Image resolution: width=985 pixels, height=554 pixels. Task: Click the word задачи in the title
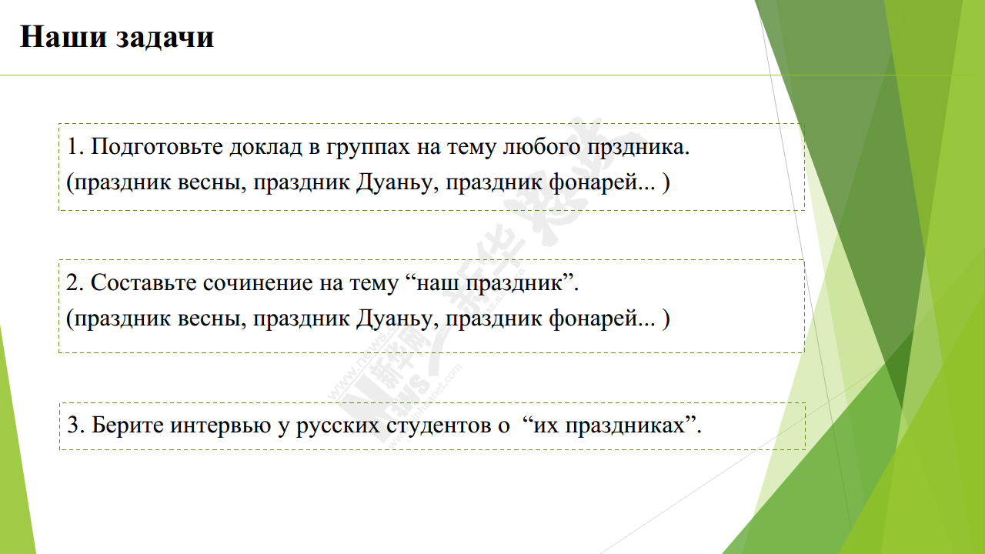click(165, 38)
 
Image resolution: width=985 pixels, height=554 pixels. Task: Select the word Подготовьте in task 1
click(156, 146)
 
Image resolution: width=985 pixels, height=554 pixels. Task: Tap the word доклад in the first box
click(265, 146)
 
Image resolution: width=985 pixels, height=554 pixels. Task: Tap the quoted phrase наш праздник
click(489, 282)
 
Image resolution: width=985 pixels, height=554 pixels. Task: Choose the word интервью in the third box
click(220, 426)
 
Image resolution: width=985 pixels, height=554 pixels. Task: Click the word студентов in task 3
click(439, 426)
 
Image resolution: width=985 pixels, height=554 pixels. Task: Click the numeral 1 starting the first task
click(72, 146)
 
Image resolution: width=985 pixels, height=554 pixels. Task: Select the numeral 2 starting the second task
click(72, 282)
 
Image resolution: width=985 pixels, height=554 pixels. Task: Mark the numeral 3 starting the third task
click(73, 425)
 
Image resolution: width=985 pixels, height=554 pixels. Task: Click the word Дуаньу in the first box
click(394, 182)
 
